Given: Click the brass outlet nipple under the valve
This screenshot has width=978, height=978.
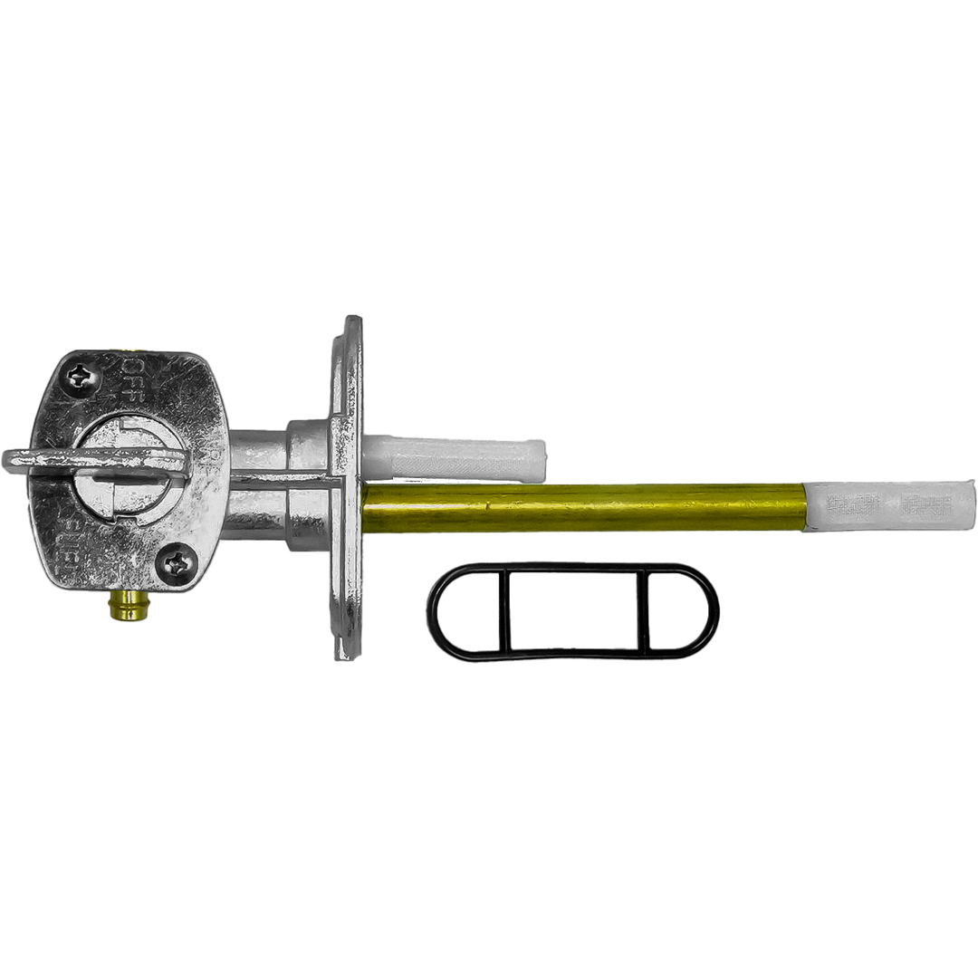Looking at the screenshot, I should click(127, 604).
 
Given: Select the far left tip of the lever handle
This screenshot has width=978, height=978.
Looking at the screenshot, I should click(7, 462).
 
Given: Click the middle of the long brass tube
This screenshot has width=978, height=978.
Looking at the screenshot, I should click(584, 506).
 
